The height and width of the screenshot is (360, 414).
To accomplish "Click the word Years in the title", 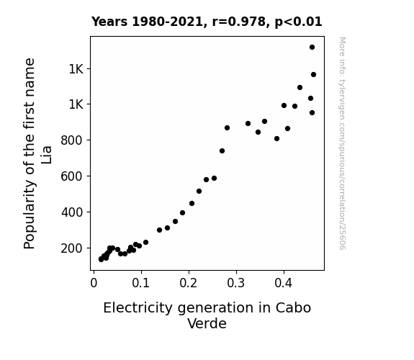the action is tap(109, 22).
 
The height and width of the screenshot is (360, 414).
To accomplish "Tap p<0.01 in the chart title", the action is tap(298, 22).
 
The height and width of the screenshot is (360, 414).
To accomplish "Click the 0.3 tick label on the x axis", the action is tap(236, 283).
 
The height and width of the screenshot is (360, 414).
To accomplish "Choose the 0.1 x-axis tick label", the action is tap(141, 283).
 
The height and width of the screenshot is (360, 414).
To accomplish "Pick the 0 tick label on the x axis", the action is tap(94, 283).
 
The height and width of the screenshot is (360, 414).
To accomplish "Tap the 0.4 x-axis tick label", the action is tap(284, 283).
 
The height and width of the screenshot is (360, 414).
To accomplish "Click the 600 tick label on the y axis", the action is tap(72, 176).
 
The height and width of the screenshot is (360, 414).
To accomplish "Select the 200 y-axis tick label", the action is tap(72, 248).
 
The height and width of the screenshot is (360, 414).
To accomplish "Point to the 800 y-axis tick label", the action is tap(72, 140).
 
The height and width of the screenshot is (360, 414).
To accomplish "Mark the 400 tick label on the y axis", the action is tap(72, 212).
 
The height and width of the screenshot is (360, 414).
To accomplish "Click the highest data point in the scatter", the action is tap(312, 48).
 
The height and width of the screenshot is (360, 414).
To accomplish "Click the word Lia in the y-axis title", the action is tap(46, 155).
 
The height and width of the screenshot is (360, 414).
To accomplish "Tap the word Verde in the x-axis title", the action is tap(207, 323).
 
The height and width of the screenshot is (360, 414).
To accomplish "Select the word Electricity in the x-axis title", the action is tap(138, 308).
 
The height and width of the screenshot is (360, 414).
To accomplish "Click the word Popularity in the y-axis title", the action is tap(30, 215).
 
